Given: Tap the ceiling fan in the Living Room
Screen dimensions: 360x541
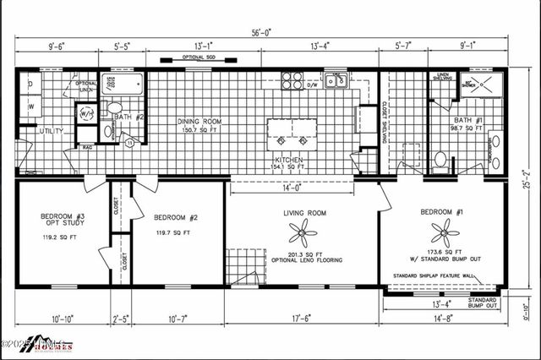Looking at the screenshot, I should click(302, 231).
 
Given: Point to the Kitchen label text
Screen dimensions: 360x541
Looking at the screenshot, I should click(287, 160).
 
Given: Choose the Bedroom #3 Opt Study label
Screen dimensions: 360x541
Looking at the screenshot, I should click(62, 221).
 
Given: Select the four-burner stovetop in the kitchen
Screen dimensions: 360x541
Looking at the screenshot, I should click(292, 81).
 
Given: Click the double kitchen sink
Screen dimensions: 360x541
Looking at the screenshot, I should click(337, 82).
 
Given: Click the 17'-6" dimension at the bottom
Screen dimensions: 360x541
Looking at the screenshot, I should click(301, 319).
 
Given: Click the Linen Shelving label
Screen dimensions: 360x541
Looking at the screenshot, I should click(442, 79).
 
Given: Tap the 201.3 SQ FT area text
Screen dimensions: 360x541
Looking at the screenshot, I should click(301, 253).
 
